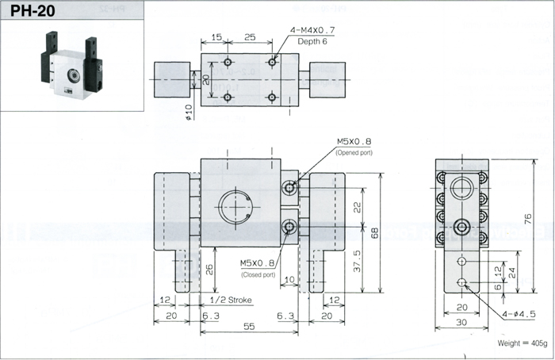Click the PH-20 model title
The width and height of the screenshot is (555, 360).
point(33,10)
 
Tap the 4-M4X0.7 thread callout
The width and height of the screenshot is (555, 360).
point(312,30)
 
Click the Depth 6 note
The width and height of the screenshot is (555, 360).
point(312,41)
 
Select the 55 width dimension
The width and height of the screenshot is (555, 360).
point(249,326)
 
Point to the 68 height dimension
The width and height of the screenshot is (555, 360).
point(374,232)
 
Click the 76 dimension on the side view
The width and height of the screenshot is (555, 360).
point(527,218)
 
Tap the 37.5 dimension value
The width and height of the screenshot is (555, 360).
point(357,261)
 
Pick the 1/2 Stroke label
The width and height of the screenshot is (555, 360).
point(231,301)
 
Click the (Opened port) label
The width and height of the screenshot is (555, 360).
point(354,153)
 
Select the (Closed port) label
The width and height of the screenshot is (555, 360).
point(258,274)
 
